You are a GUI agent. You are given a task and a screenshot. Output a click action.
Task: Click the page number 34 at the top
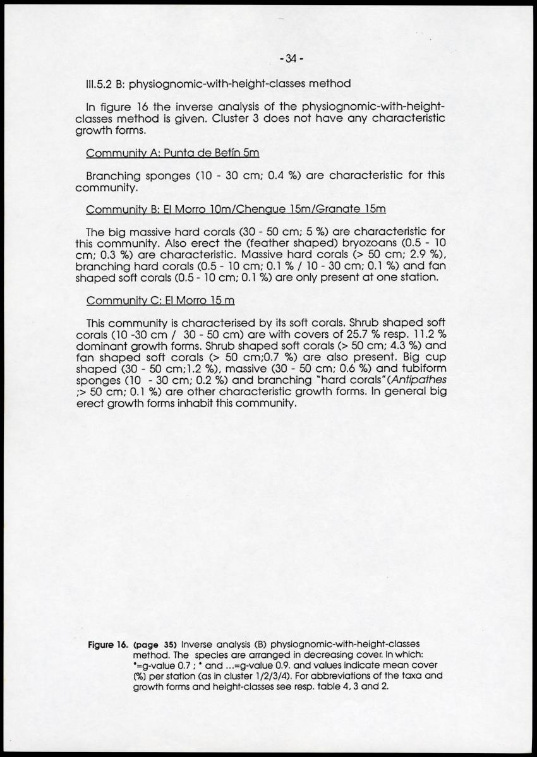(291, 59)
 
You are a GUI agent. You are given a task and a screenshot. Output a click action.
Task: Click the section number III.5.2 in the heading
(100, 83)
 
